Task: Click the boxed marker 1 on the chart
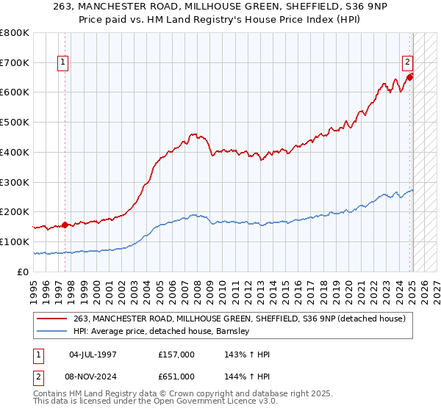(x=64, y=63)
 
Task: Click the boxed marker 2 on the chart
(x=406, y=63)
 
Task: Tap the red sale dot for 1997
(x=65, y=225)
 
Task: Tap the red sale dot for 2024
(x=410, y=76)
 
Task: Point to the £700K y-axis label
(x=15, y=63)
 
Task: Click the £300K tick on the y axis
(x=15, y=182)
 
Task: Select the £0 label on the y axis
(x=24, y=272)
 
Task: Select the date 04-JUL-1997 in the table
(x=93, y=354)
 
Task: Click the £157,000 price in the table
(x=176, y=354)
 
